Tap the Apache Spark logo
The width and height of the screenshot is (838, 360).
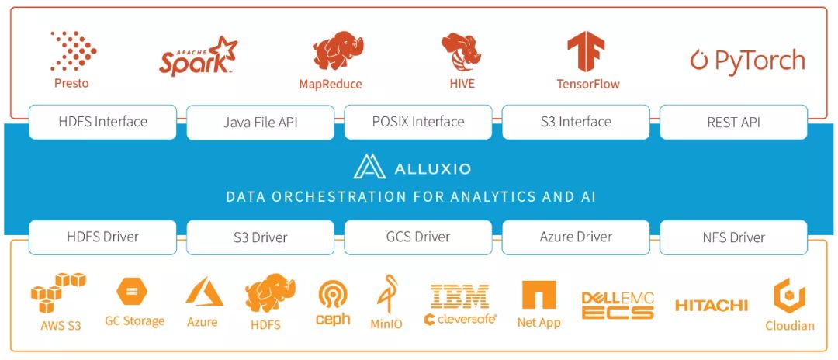coord(198,56)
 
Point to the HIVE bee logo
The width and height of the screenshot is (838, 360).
coord(461,51)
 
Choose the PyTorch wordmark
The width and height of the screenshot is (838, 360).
coord(747,61)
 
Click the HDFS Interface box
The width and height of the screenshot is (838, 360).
coord(102,122)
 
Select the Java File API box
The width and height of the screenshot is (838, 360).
coord(261,123)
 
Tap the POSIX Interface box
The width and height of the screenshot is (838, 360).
coord(418,122)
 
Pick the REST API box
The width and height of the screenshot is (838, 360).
coord(733,123)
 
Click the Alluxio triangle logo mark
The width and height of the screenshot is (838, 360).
coord(369,167)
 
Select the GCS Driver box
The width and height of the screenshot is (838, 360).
coord(418,237)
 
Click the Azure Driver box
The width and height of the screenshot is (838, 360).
coord(576,237)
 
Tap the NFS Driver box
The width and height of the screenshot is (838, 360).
coord(733,237)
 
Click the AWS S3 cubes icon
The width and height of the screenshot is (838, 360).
coord(58,292)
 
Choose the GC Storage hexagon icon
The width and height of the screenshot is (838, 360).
coord(132,292)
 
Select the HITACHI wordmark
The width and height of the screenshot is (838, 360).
coord(711,306)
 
